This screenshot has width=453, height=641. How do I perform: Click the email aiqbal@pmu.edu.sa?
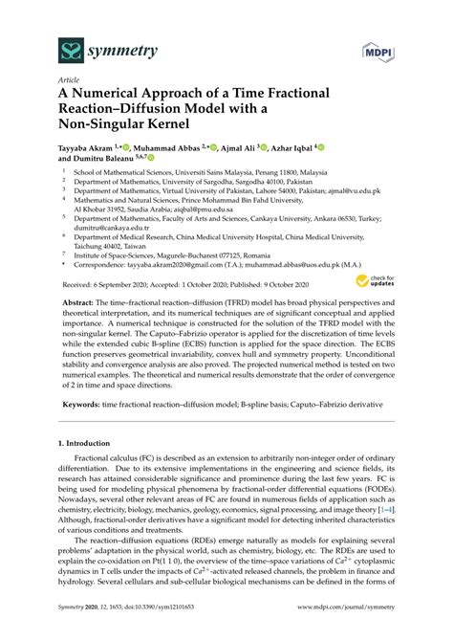click(x=197, y=217)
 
